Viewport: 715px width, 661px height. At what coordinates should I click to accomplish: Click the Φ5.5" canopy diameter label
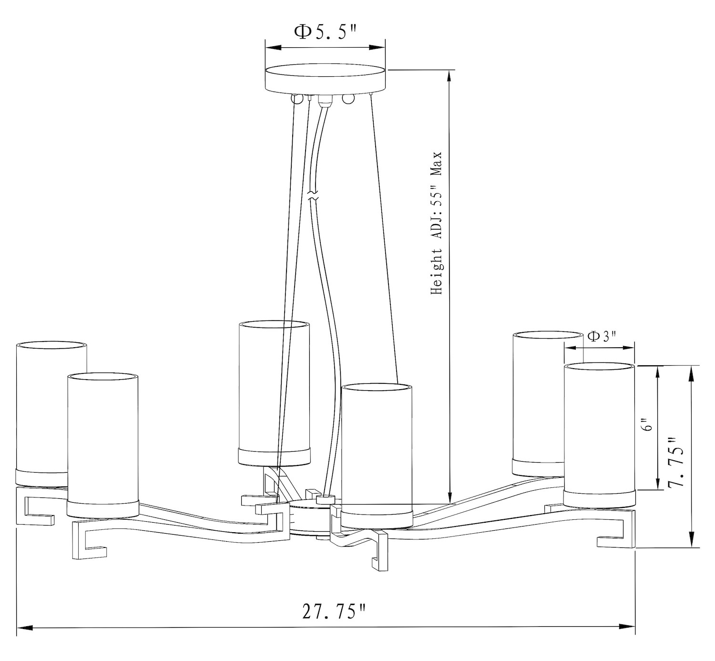pyautogui.click(x=325, y=32)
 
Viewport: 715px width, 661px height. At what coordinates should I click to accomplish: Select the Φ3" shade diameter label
pyautogui.click(x=602, y=336)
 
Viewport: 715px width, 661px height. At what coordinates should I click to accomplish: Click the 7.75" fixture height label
pyautogui.click(x=675, y=463)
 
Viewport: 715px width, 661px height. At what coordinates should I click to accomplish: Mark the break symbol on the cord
pyautogui.click(x=313, y=196)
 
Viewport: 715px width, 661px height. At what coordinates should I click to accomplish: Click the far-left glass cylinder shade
pyautogui.click(x=51, y=413)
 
